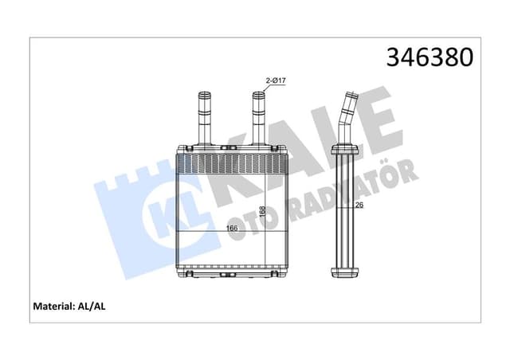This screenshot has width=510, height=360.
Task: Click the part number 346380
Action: click(x=429, y=57)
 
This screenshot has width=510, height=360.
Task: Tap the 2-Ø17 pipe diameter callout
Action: click(x=276, y=80)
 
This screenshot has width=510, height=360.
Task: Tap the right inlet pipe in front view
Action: click(x=258, y=117)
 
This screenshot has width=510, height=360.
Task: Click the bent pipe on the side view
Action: click(x=348, y=119)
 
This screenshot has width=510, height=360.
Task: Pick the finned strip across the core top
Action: click(x=229, y=165)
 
